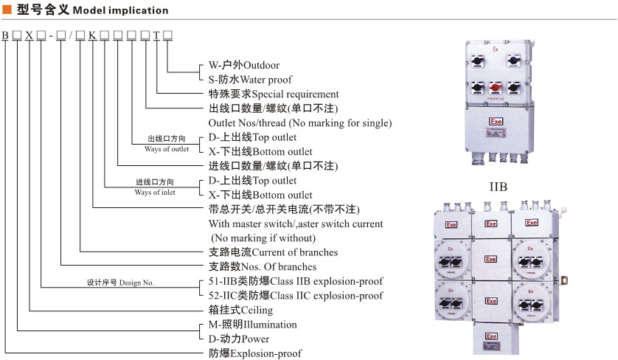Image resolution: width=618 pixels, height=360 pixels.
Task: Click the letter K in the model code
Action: click(92, 35)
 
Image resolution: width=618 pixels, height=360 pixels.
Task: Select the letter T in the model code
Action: click(156, 35)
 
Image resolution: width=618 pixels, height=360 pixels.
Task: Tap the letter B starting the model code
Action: click(5, 35)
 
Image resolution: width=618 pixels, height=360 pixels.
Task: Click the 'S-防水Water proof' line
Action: click(250, 79)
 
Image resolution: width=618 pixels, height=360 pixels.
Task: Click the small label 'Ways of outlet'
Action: click(167, 149)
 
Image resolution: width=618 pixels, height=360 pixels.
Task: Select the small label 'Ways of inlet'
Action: click(155, 193)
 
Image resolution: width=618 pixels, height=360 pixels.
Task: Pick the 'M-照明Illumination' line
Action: click(253, 325)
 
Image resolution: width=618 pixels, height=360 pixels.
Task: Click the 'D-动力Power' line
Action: click(240, 339)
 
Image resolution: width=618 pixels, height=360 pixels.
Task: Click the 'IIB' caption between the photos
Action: click(499, 187)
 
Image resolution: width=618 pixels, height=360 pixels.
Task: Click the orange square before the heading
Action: click(7, 10)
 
